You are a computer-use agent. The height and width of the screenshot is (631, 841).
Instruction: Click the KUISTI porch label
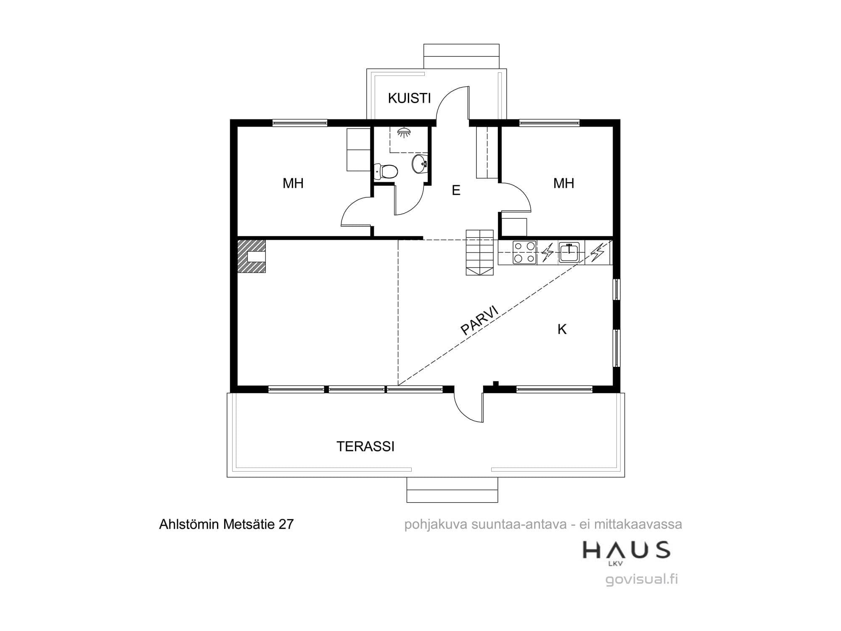pyautogui.click(x=409, y=98)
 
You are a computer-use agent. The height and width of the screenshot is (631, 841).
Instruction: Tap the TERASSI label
pyautogui.click(x=365, y=446)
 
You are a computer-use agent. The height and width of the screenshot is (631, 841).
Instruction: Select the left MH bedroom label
pyautogui.click(x=293, y=183)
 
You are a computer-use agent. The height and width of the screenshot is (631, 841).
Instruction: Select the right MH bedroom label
pyautogui.click(x=564, y=183)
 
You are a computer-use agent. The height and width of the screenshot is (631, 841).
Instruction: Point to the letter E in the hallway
pyautogui.click(x=456, y=190)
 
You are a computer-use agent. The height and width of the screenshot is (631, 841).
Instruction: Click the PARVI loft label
pyautogui.click(x=480, y=320)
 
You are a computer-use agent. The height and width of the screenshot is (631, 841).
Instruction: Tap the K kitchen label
pyautogui.click(x=562, y=329)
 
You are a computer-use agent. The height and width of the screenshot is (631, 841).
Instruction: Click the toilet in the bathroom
pyautogui.click(x=386, y=171)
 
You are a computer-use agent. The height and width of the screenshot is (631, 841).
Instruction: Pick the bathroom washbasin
pyautogui.click(x=420, y=164)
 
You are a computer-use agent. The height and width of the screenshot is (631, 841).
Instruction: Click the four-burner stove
pyautogui.click(x=525, y=252)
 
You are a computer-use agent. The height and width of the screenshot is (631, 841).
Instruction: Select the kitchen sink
pyautogui.click(x=569, y=252)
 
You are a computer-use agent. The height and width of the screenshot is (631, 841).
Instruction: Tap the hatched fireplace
pyautogui.click(x=251, y=256)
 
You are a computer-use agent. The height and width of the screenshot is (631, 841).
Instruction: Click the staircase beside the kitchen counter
pyautogui.click(x=479, y=252)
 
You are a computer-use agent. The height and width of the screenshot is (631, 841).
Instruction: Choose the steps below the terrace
pyautogui.click(x=452, y=490)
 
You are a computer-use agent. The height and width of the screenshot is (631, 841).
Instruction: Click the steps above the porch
pyautogui.click(x=461, y=56)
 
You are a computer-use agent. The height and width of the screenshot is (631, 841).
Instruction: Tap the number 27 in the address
pyautogui.click(x=286, y=524)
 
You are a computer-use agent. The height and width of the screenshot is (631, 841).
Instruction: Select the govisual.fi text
pyautogui.click(x=642, y=580)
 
